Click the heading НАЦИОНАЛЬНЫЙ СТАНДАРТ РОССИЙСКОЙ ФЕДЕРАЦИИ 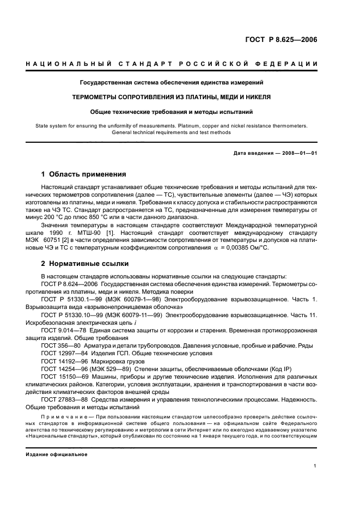click(x=172, y=64)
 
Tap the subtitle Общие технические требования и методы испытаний click(x=172, y=112)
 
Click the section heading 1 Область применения click(x=84, y=174)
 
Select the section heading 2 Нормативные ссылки click(x=86, y=264)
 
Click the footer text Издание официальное click(x=57, y=454)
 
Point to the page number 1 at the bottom click(x=315, y=466)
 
